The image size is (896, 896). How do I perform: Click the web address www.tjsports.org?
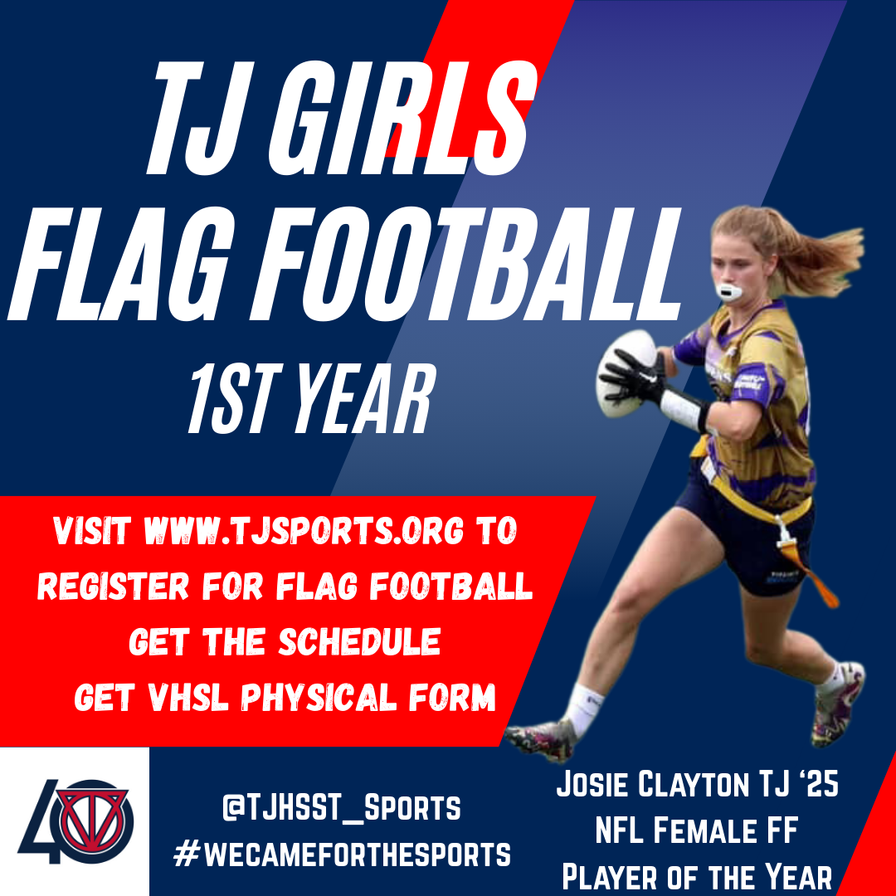click(x=302, y=532)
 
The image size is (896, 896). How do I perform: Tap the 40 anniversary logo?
click(x=74, y=821)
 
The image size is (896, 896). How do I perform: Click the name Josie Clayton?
click(x=657, y=785)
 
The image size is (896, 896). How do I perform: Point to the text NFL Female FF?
click(x=696, y=830)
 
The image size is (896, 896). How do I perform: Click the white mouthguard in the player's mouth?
click(x=728, y=293)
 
